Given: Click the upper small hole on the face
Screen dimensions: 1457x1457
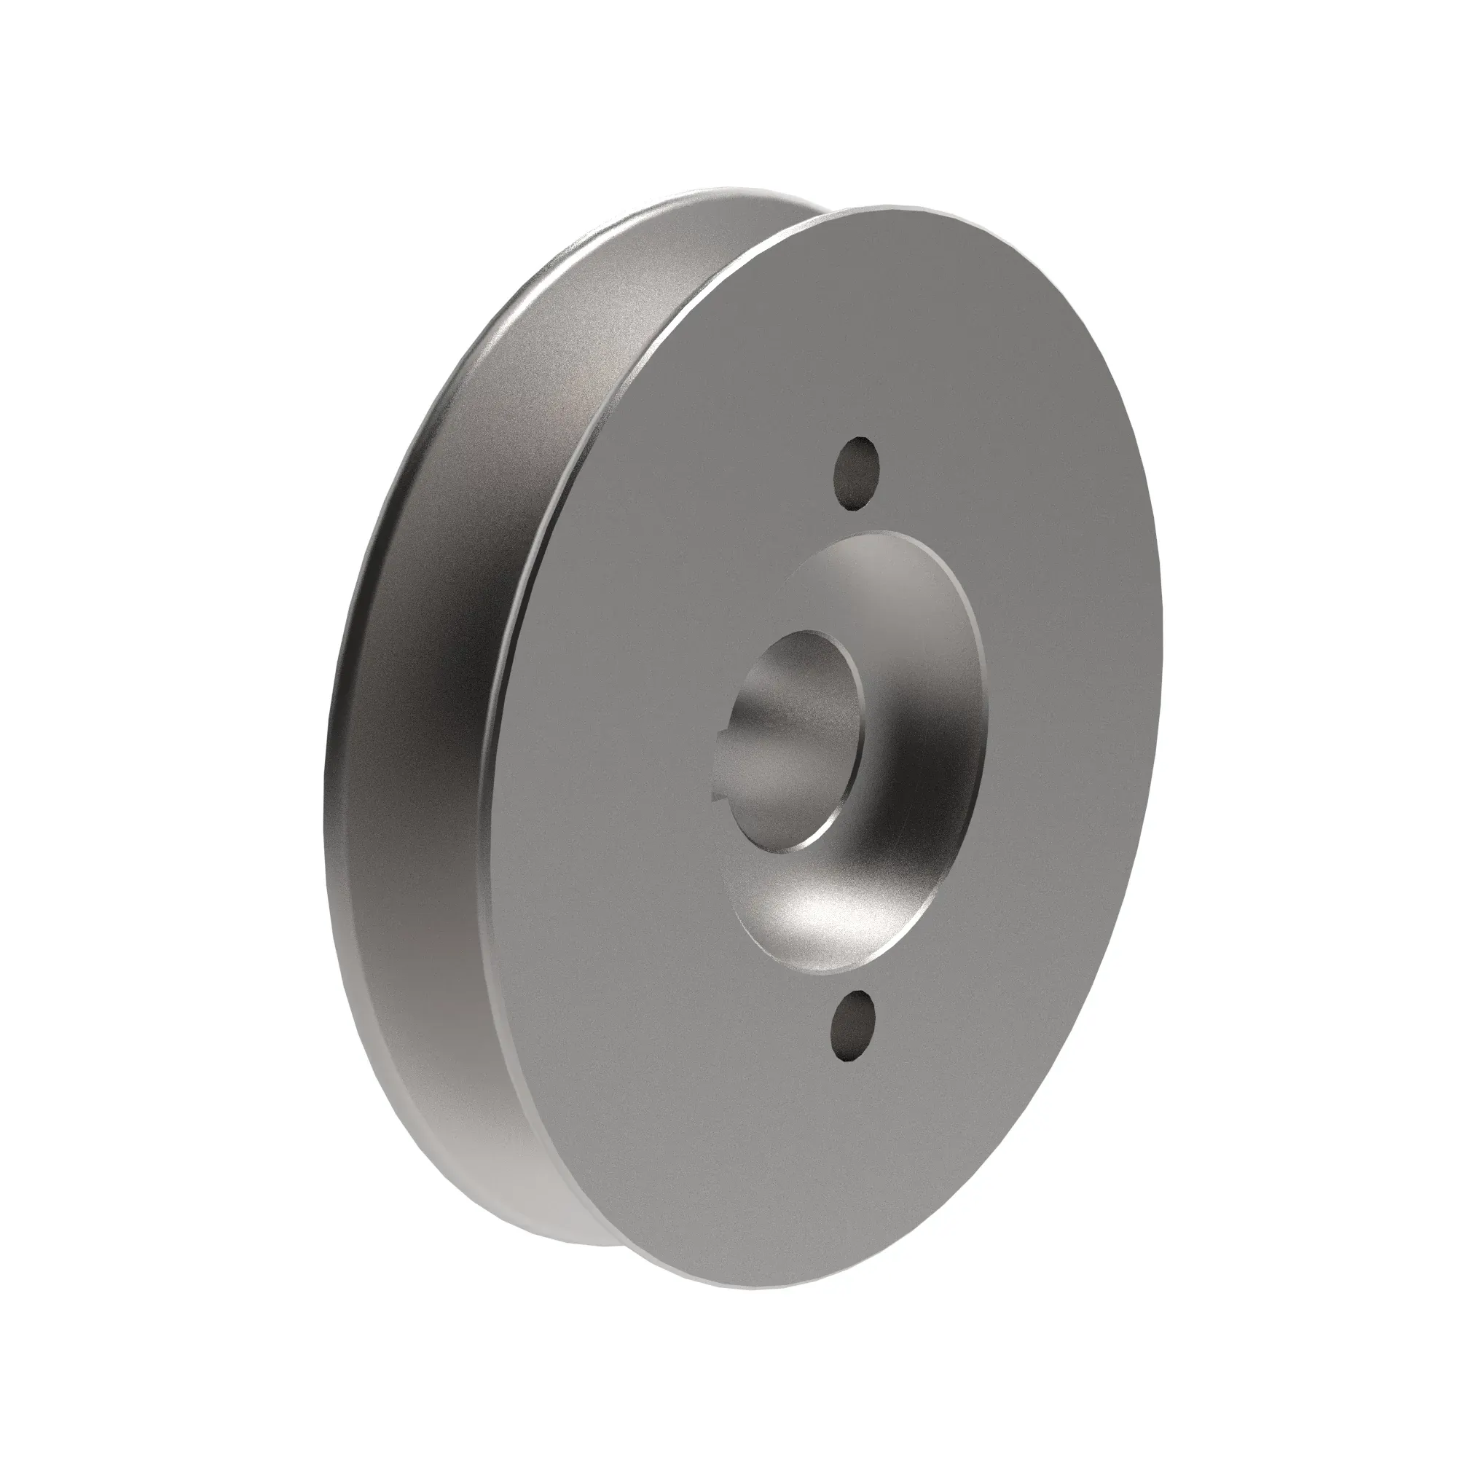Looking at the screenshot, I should click(857, 472).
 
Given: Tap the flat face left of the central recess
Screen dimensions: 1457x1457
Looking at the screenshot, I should click(603, 754).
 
